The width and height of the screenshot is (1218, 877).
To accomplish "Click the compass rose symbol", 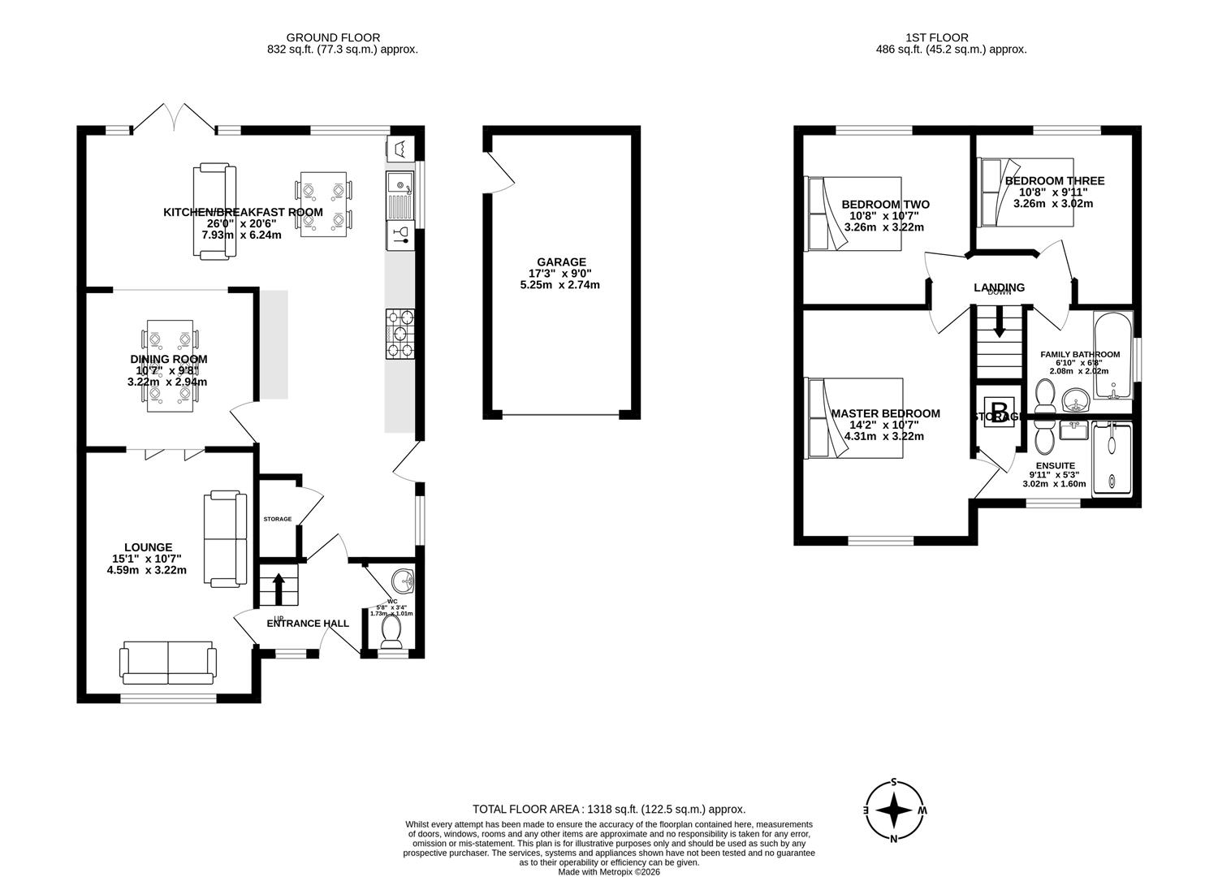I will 894,810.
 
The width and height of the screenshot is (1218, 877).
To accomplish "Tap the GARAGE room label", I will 560,261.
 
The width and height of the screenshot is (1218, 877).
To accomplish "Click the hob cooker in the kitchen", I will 400,334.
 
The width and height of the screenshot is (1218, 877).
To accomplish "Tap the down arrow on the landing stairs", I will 998,322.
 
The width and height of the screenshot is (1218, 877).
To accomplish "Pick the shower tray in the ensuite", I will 1112,458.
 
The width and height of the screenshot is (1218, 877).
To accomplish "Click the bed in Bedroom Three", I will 1025,192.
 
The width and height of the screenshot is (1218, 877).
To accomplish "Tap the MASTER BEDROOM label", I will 885,413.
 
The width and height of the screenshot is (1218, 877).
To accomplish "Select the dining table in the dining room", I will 170,365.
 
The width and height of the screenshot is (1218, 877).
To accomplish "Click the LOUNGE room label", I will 148,547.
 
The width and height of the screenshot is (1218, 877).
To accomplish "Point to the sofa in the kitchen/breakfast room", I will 215,212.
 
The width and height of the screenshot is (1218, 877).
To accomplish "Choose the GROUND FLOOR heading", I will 333,37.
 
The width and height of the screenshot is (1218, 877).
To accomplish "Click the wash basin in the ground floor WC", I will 402,581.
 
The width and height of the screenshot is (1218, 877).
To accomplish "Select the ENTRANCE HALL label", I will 308,623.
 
